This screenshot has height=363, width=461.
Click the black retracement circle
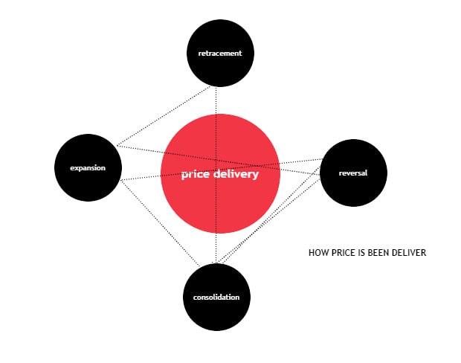tap(220, 54)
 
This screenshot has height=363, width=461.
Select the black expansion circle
tap(88, 167)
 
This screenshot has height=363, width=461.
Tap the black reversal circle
tap(353, 173)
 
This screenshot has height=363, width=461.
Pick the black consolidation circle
tap(216, 297)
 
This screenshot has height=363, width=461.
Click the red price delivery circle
tap(220, 174)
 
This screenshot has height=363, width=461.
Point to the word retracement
tap(220, 54)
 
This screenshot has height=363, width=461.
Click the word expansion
tap(88, 168)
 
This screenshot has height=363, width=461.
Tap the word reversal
tap(353, 173)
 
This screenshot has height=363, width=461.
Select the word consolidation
tap(216, 297)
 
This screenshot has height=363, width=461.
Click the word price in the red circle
tap(196, 175)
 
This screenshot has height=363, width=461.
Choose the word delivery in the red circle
tap(236, 175)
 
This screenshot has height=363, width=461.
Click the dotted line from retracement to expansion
tap(164, 116)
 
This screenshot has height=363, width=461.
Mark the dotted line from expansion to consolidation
tap(160, 223)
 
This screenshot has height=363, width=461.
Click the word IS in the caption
tap(361, 253)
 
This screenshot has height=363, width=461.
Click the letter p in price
tap(184, 176)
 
